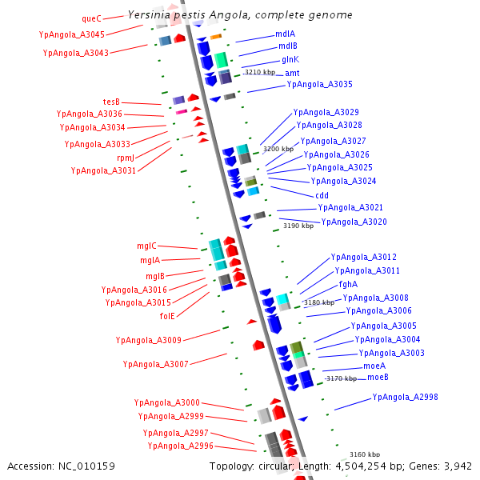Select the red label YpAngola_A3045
coord(71,34)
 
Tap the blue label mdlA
coord(286,34)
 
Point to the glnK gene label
coord(290,59)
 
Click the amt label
coord(293,72)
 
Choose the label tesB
coord(111,102)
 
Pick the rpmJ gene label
coord(126,158)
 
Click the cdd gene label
coord(322,194)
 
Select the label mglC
coord(146,246)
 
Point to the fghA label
coord(348,284)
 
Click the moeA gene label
coord(374,365)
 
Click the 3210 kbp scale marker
coord(260,72)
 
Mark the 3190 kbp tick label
coord(299,226)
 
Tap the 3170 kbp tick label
coord(342,378)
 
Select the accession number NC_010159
coord(88,466)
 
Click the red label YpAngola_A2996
coord(180,446)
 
